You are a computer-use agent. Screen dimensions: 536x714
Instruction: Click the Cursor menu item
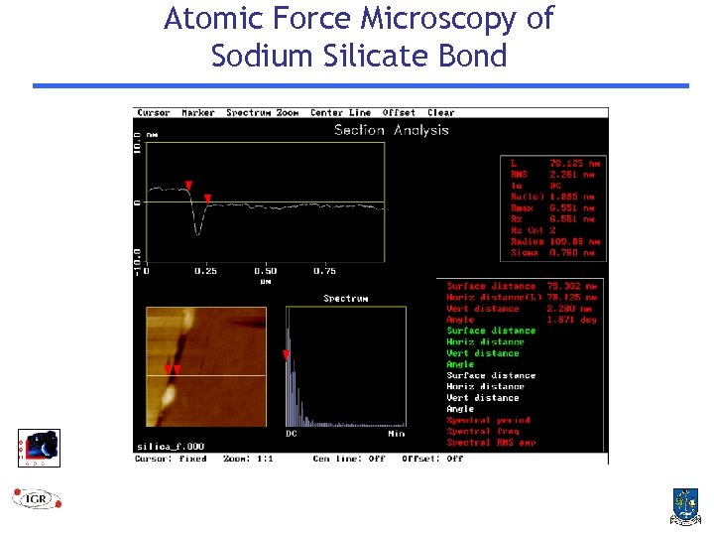pyautogui.click(x=154, y=113)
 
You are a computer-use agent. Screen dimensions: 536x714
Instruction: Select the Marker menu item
pyautogui.click(x=198, y=113)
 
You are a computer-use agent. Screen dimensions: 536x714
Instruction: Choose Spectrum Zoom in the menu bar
pyautogui.click(x=262, y=113)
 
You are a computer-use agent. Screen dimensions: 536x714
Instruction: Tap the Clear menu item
pyautogui.click(x=441, y=113)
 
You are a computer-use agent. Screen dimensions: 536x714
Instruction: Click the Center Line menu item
pyautogui.click(x=340, y=113)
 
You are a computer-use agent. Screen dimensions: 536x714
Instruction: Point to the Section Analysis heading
pyautogui.click(x=391, y=130)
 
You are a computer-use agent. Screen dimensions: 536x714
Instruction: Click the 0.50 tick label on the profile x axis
pyautogui.click(x=265, y=271)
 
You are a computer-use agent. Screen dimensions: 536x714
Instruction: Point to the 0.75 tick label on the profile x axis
pyautogui.click(x=324, y=271)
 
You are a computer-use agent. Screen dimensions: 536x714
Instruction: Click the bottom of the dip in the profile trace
pyautogui.click(x=198, y=233)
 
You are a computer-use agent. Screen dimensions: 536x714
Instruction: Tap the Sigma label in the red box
pyautogui.click(x=525, y=253)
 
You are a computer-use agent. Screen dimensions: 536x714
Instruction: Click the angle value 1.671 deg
pyautogui.click(x=575, y=320)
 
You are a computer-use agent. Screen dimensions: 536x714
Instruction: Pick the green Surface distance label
pyautogui.click(x=491, y=331)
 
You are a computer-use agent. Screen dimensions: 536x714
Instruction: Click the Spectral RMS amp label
pyautogui.click(x=491, y=443)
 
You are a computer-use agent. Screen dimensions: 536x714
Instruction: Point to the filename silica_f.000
pyautogui.click(x=171, y=446)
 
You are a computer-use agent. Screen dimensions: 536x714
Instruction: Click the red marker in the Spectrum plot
pyautogui.click(x=287, y=354)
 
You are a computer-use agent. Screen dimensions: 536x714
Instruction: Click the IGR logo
pyautogui.click(x=37, y=496)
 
